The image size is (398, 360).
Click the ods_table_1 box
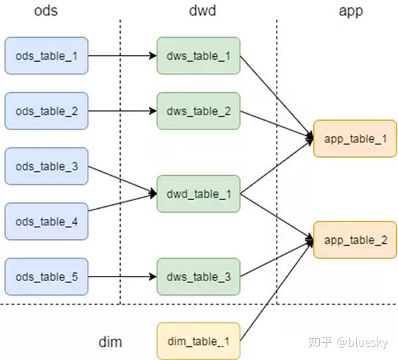46,56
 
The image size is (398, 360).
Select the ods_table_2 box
46,111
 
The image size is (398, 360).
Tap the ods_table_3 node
46,166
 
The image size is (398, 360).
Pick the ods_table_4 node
46,221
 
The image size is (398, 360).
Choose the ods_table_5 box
46,276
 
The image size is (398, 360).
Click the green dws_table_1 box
198,56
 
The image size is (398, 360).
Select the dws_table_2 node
198,111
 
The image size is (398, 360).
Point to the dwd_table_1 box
198,194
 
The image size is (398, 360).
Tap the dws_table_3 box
198,276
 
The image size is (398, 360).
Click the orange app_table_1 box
355,139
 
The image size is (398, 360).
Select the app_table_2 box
355,240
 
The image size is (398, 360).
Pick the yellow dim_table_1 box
198,341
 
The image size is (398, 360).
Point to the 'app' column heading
351,11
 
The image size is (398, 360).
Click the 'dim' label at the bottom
110,342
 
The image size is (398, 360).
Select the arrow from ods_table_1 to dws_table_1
122,56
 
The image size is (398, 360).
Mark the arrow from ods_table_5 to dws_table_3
122,276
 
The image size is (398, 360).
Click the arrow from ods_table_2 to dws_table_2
122,111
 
